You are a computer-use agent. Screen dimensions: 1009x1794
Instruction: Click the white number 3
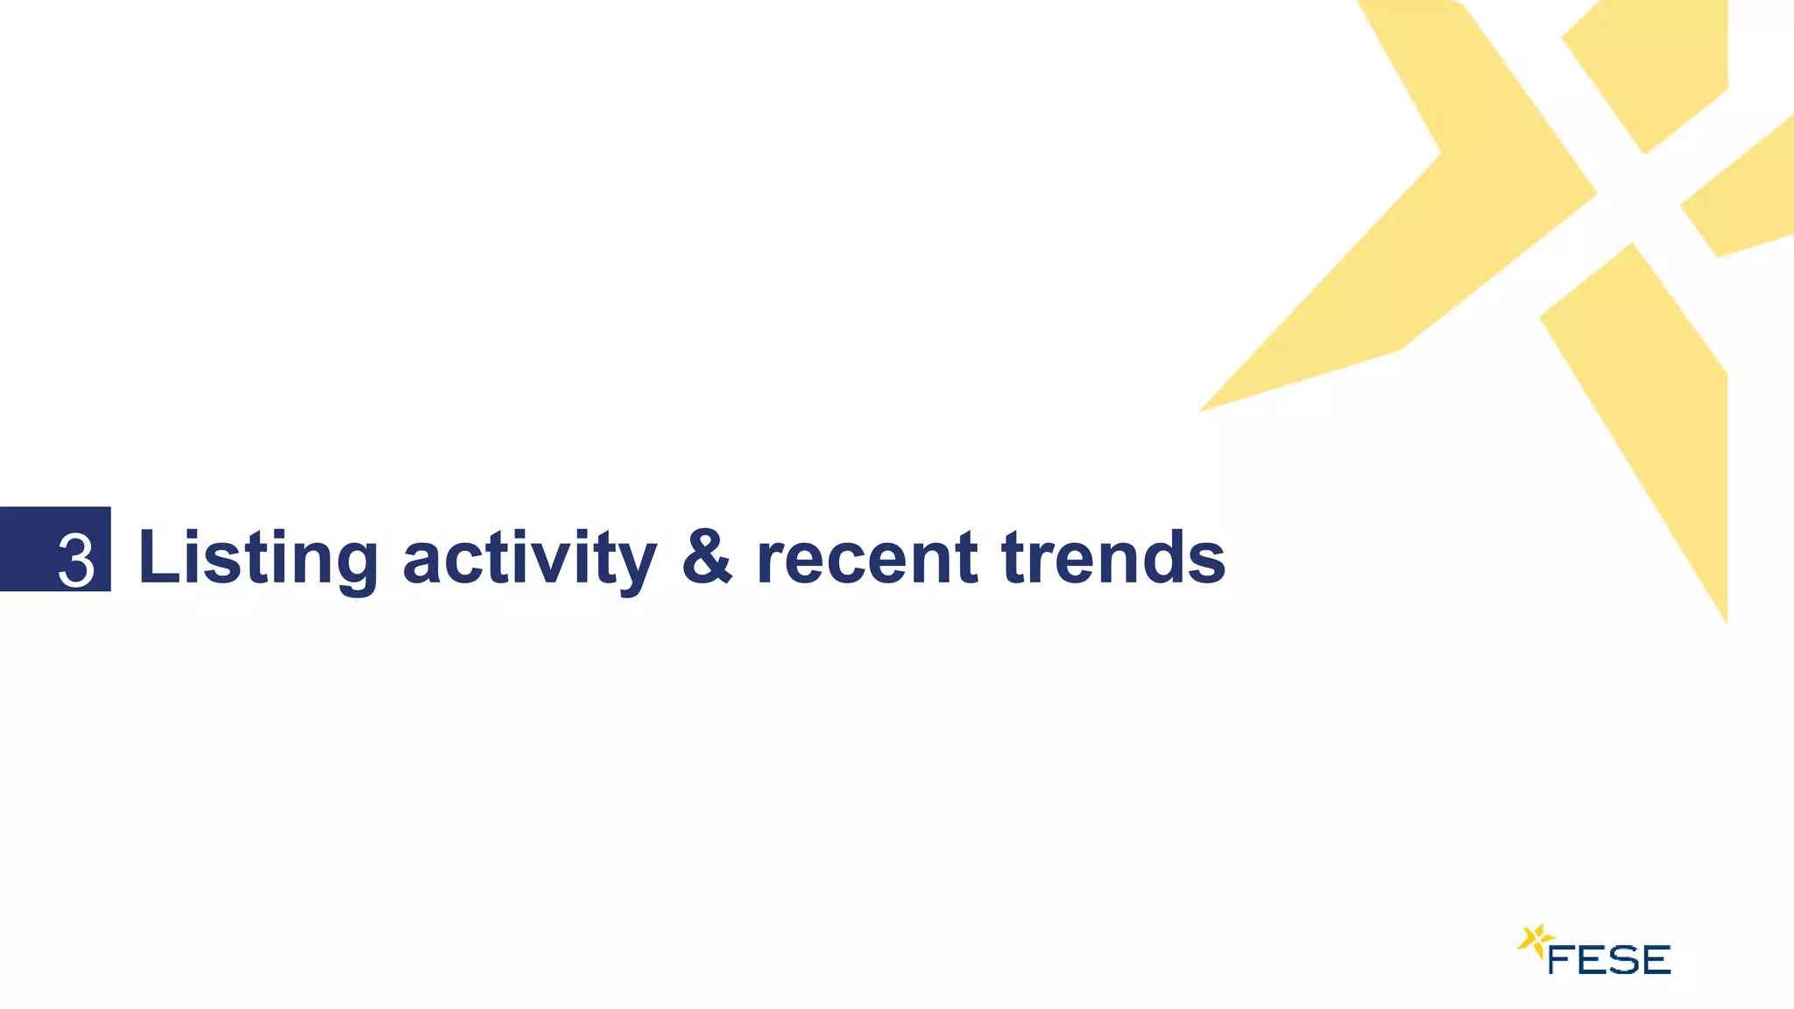pyautogui.click(x=76, y=560)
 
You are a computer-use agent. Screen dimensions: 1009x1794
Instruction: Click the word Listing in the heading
pyautogui.click(x=258, y=558)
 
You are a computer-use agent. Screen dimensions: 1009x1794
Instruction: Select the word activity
pyautogui.click(x=528, y=558)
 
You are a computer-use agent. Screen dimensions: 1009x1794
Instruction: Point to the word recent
pyautogui.click(x=866, y=558)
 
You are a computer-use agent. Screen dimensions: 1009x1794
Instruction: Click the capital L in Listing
pyautogui.click(x=158, y=556)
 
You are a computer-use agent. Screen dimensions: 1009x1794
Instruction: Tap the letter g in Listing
pyautogui.click(x=356, y=565)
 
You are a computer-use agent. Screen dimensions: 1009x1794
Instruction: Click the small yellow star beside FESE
pyautogui.click(x=1534, y=942)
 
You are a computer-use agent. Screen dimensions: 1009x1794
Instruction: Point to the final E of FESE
pyautogui.click(x=1656, y=960)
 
